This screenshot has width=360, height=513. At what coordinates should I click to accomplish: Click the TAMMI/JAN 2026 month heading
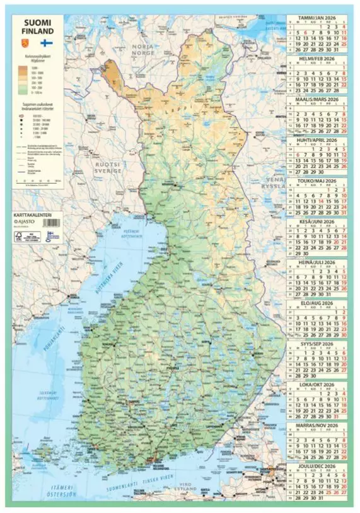point(318,18)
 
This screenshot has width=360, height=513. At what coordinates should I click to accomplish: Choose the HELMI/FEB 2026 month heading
point(318,59)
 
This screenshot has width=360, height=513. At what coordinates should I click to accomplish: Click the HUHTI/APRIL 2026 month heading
point(318,140)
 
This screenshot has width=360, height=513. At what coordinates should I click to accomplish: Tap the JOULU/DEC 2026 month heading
point(318,466)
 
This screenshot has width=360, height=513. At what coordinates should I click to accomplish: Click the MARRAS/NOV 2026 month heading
point(318,425)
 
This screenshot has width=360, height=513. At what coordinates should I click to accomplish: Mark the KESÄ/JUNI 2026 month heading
point(318,221)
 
